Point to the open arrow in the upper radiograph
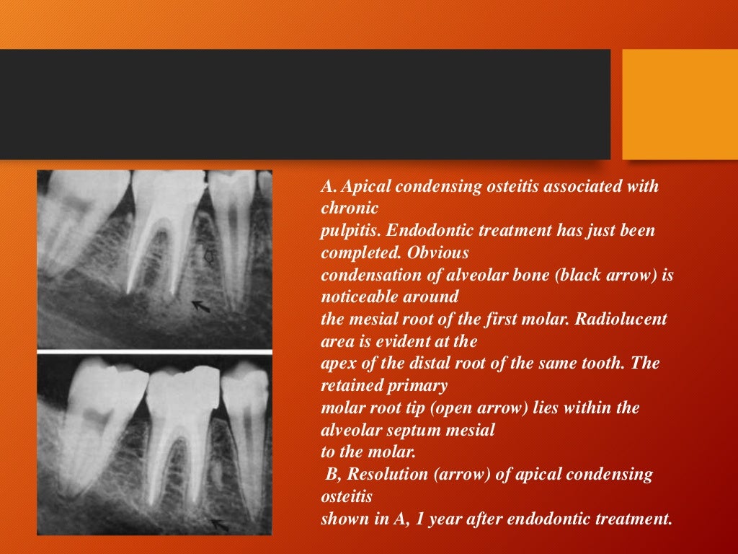coord(210,256)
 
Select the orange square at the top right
coord(680,104)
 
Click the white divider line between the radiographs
coord(154,351)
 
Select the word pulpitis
coord(350,231)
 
